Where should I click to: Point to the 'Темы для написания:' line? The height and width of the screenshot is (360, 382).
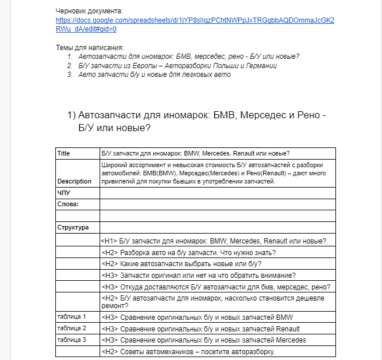90,47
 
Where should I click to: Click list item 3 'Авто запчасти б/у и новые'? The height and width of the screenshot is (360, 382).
154,75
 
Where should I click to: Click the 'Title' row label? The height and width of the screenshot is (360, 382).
63,153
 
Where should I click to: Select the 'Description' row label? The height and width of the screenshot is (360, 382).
74,181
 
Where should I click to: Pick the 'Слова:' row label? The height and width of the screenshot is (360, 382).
68,204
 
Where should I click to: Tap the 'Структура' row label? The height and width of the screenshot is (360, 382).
73,227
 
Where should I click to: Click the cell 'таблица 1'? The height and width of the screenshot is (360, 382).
72,316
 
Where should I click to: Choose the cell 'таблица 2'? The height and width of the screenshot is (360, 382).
72,328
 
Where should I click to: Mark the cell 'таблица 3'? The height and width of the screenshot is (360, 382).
72,340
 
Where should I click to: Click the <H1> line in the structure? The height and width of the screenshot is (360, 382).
213,241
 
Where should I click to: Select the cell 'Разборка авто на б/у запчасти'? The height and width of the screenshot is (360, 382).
188,252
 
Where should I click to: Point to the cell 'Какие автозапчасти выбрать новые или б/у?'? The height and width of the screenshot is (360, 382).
189,264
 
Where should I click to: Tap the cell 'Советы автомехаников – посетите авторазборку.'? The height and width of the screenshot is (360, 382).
188,352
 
